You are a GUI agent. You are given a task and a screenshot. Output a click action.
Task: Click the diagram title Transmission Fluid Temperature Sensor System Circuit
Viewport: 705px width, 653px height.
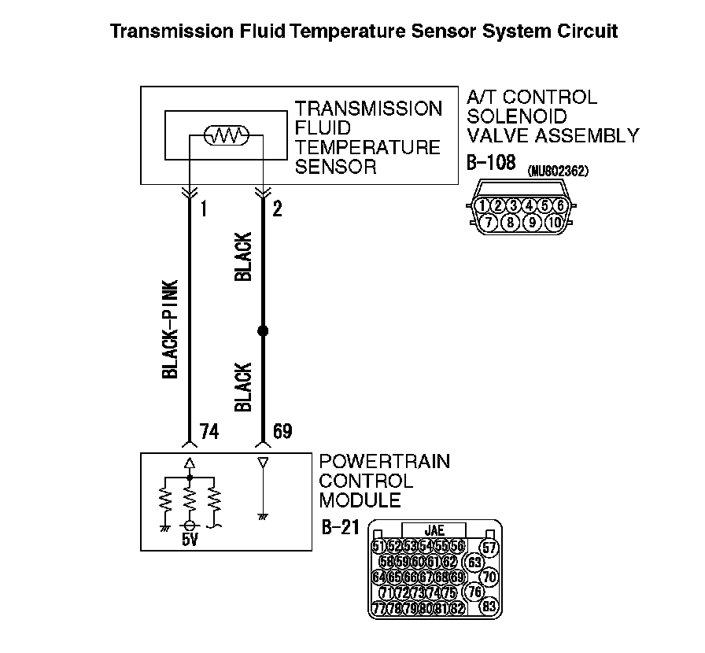[364, 31]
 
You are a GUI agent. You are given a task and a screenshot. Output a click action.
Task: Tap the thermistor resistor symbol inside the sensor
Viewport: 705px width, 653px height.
[227, 137]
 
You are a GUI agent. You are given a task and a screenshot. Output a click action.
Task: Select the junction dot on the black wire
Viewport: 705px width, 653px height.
[263, 331]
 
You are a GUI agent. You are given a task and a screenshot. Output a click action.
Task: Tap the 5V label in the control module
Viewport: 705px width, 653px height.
[190, 540]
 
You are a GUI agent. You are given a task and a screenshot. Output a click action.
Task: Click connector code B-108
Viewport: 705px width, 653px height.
[490, 163]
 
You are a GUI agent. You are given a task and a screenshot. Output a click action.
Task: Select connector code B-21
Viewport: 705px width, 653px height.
[341, 527]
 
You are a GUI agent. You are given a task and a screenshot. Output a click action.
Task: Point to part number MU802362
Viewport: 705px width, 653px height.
[559, 170]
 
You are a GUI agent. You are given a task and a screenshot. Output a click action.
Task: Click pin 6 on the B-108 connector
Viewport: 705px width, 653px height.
[560, 206]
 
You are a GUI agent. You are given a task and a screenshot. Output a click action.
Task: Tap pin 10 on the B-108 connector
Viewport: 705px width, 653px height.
[552, 222]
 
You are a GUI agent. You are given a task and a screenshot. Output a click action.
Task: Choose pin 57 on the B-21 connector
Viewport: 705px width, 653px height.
[489, 547]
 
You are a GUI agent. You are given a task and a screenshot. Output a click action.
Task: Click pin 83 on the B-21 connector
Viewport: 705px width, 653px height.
[489, 607]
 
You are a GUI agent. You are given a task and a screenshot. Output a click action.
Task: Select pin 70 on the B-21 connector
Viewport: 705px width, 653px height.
[489, 577]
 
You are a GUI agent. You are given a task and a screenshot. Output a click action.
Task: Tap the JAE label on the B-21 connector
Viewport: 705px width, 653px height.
[434, 531]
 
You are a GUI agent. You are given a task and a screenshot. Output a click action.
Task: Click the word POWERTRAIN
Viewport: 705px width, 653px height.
[385, 462]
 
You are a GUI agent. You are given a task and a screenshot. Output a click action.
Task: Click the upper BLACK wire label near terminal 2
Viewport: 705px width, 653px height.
[244, 257]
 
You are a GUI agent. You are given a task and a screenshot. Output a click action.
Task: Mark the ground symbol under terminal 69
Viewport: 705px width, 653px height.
[263, 515]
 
